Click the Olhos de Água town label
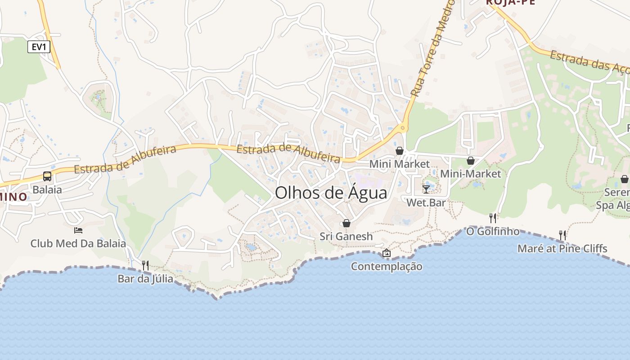pos(331,193)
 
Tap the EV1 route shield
pos(39,47)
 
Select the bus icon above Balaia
pos(47,176)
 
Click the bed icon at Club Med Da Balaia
pos(78,230)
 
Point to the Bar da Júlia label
pos(145,279)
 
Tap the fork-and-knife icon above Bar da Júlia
pos(145,265)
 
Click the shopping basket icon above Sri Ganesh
pos(346,223)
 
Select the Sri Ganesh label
pos(346,236)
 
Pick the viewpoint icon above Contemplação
pos(387,253)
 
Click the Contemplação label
pos(387,266)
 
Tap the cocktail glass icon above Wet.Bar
pos(426,189)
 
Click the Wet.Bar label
pos(426,202)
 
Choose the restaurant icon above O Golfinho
pos(493,218)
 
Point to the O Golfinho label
pos(493,232)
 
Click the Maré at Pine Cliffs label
pos(562,248)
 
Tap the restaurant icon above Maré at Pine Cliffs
pos(562,235)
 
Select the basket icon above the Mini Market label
pos(400,151)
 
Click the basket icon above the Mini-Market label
pos(471,161)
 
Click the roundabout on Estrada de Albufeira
pos(402,128)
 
